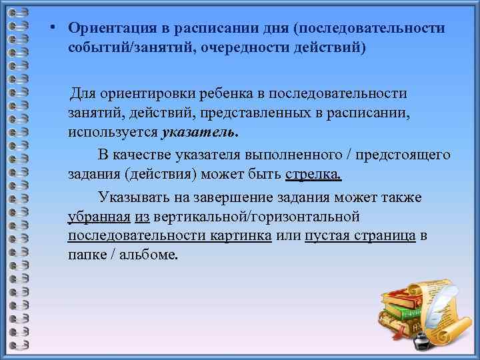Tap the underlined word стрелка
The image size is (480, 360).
coord(313,175)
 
